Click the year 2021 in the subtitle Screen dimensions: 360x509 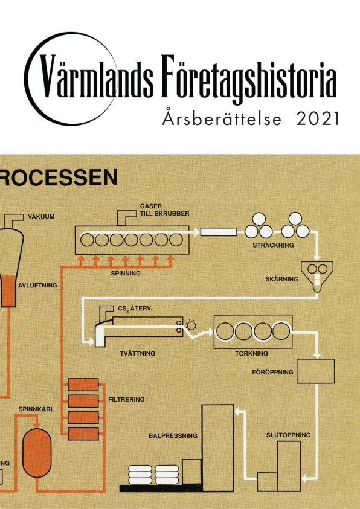coord(318,119)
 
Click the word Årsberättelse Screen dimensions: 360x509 coord(222,118)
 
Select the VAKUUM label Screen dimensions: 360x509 coord(41,217)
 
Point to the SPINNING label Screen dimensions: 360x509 coord(126,274)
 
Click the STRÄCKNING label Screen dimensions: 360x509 coord(273,245)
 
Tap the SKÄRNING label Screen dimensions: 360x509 coord(281,279)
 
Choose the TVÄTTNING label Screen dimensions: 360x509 coord(138,353)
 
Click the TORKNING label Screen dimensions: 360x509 coord(252,353)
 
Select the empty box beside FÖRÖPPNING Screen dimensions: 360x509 coord(315,371)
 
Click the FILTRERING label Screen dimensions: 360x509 coord(126,399)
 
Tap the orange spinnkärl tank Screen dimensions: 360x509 coord(37,453)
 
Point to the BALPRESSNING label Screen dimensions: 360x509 coord(173,435)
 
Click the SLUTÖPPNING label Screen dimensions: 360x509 coord(288,435)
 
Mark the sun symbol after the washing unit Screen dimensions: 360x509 coord(191,325)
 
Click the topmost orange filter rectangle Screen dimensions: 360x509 coord(83,385)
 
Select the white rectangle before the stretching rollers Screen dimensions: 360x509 coord(219,232)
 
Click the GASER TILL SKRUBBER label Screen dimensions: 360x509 coord(164,210)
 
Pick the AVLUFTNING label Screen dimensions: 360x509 coord(37,286)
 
